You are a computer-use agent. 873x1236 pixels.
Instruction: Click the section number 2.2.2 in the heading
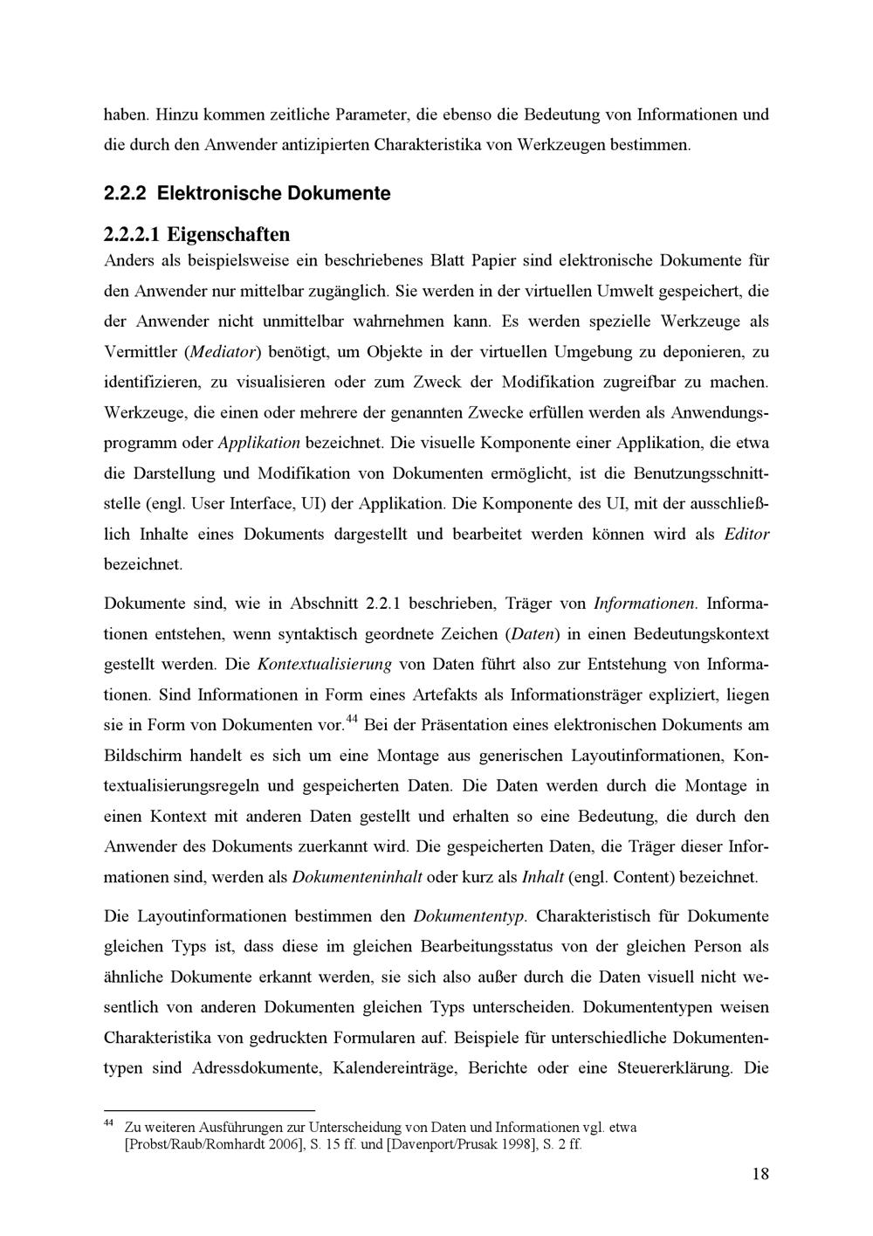(x=126, y=193)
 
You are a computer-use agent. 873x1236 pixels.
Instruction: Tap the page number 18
(x=760, y=1173)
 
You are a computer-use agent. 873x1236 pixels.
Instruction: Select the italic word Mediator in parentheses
(x=224, y=352)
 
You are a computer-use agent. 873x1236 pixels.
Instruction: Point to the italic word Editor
(x=746, y=534)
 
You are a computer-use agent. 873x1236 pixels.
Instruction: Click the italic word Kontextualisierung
(x=324, y=664)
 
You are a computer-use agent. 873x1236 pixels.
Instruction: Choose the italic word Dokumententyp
(x=470, y=917)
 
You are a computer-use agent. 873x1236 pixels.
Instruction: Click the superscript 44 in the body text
(x=353, y=719)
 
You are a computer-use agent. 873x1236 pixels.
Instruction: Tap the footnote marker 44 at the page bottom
(x=108, y=1122)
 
